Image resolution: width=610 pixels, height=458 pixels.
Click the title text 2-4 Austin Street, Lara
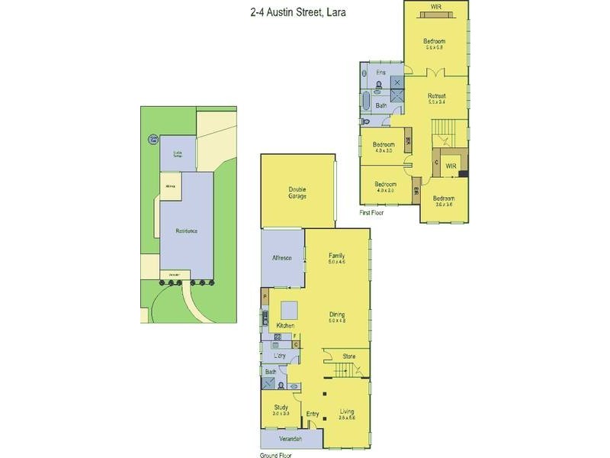point(305,12)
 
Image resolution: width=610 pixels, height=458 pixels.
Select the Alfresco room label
point(282,258)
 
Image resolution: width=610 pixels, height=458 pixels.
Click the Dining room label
point(337,315)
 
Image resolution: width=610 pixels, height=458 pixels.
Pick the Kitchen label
point(285,326)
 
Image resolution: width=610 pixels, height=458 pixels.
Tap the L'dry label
point(280,356)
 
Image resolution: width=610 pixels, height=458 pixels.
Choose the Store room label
point(349,356)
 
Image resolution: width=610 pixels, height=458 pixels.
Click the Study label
point(281,409)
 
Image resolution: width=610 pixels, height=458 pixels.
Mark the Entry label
point(313,414)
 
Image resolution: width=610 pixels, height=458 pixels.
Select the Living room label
point(347,413)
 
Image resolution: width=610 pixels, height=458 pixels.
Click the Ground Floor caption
point(278,454)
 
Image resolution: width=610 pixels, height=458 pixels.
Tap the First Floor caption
point(372,213)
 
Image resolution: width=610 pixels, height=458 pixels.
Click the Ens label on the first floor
point(380,73)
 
